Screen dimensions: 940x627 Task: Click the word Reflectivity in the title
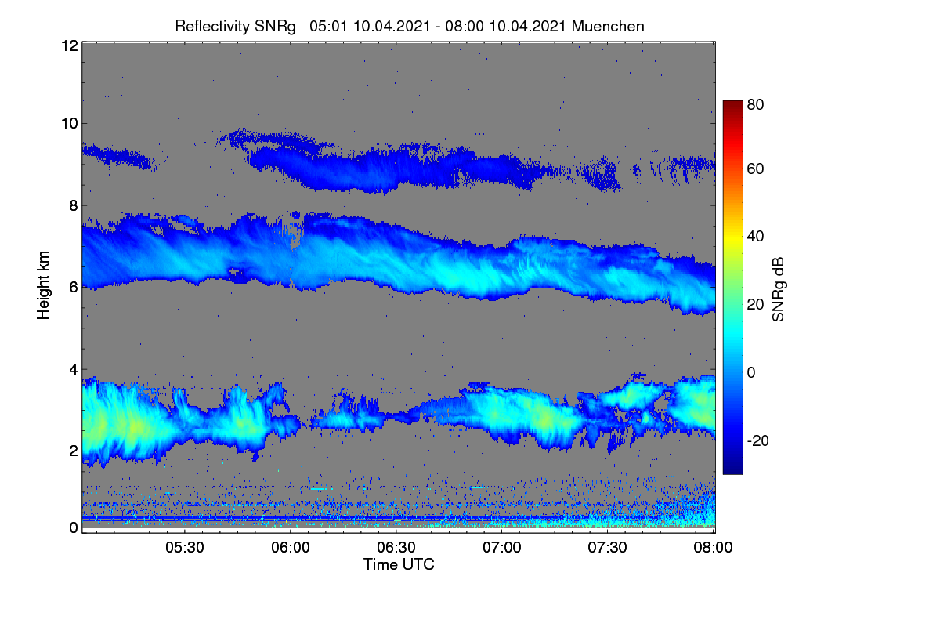click(x=213, y=27)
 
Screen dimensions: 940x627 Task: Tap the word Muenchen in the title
click(x=608, y=26)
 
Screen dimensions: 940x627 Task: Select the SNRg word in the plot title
click(x=275, y=27)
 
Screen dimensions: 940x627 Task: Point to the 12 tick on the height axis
click(x=70, y=45)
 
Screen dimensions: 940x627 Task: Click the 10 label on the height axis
click(x=70, y=124)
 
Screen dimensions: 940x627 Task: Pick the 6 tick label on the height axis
click(x=74, y=288)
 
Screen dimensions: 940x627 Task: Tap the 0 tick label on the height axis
click(x=74, y=527)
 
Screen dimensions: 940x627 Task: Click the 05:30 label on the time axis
click(x=185, y=547)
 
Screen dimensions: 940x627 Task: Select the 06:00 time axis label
click(x=291, y=547)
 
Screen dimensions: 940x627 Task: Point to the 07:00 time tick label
click(x=502, y=547)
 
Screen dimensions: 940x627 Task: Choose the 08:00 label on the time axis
click(x=713, y=547)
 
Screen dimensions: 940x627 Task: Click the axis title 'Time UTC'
click(x=399, y=564)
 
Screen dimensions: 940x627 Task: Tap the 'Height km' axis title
click(x=43, y=285)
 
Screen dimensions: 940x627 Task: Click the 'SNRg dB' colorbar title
click(x=778, y=290)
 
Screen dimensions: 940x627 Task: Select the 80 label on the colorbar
click(x=755, y=104)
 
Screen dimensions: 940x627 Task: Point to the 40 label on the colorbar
click(x=755, y=237)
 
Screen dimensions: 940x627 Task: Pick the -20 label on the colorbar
click(x=758, y=440)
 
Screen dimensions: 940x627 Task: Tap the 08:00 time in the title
click(x=465, y=26)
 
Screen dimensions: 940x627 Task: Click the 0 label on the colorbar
click(x=751, y=372)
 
